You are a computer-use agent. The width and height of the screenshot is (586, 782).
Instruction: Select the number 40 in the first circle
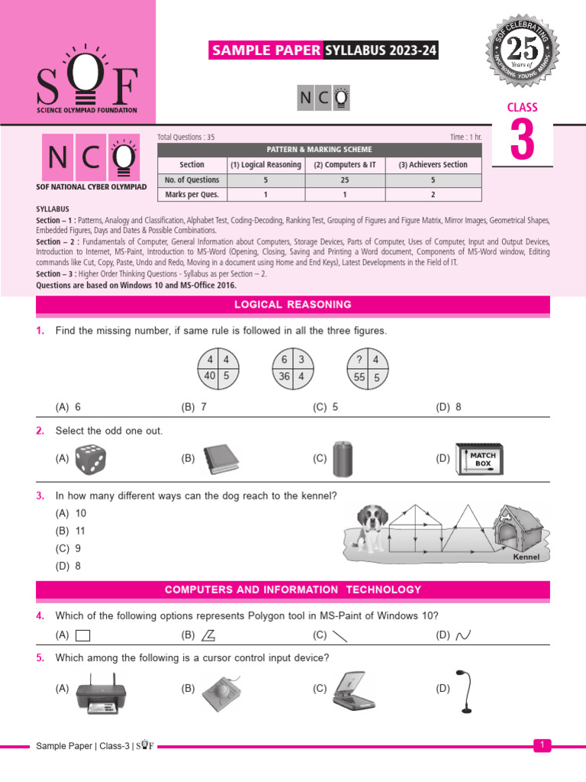(208, 376)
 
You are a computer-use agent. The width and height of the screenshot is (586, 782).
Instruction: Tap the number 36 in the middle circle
(283, 376)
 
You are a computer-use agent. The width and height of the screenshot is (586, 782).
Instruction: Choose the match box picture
(481, 460)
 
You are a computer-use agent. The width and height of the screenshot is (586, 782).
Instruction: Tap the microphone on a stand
(465, 690)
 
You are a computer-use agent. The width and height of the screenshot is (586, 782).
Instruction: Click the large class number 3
(522, 141)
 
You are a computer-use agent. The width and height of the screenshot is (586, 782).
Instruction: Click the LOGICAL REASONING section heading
(293, 305)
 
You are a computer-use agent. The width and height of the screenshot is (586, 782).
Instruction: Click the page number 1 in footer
(542, 745)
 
